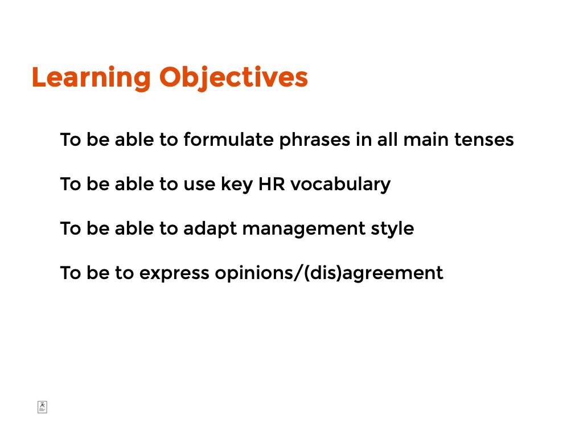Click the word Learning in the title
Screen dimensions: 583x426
point(91,78)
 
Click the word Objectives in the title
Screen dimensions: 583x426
point(233,78)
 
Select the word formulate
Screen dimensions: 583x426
point(228,140)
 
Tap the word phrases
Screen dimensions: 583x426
point(314,141)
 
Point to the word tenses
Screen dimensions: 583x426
point(484,140)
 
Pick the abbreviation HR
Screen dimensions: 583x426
point(272,184)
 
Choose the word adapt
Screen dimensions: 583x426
point(210,229)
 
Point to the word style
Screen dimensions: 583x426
point(392,229)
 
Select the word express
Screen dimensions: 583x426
point(174,274)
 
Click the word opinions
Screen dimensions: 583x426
point(254,273)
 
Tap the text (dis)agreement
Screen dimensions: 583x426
point(373,273)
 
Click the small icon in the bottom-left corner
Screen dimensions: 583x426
point(42,407)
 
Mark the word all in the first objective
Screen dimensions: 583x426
point(388,140)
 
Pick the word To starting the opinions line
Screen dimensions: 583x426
point(71,273)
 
